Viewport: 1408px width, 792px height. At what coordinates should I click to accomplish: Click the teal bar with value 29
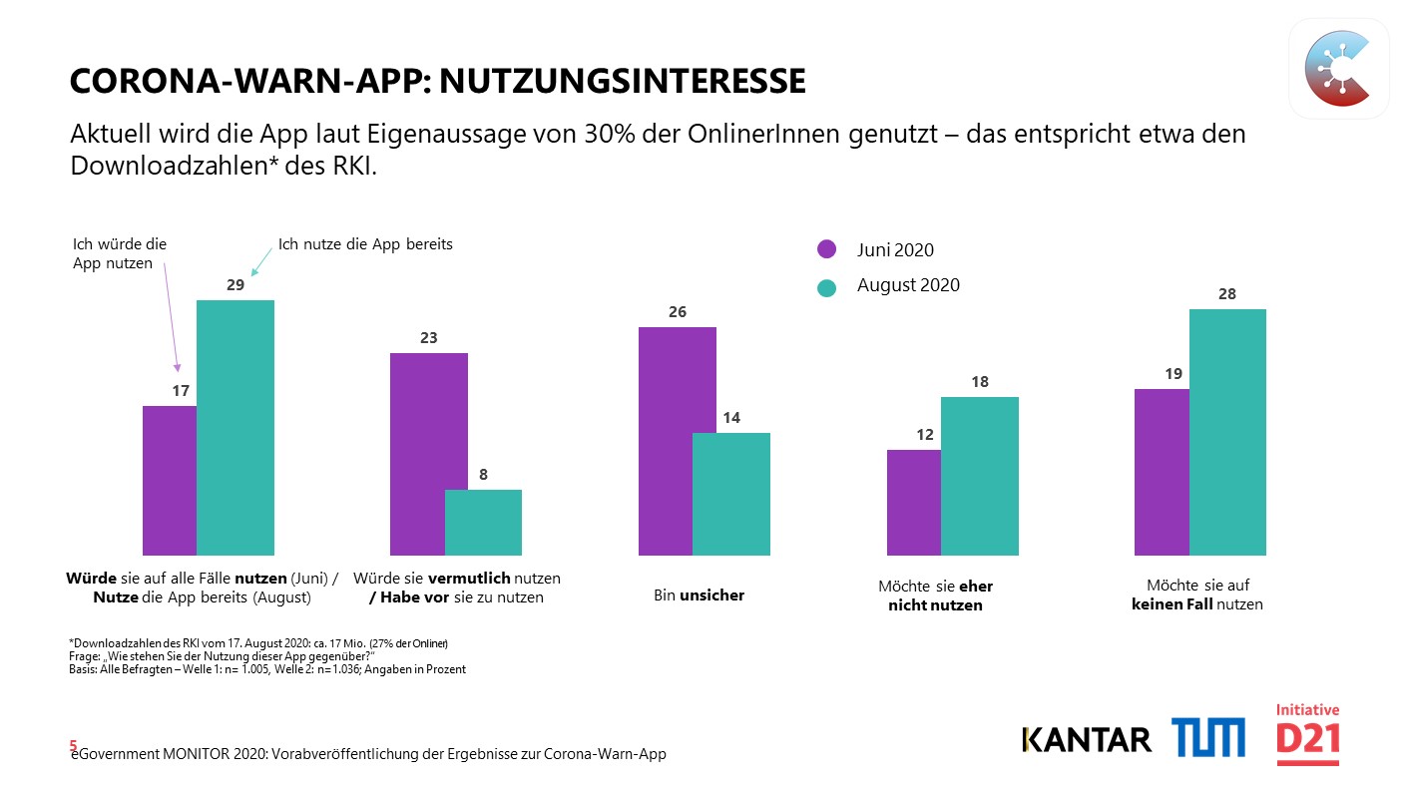[235, 428]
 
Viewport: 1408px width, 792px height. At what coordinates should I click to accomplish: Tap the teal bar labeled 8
[483, 523]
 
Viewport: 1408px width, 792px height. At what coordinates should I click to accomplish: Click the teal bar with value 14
[731, 494]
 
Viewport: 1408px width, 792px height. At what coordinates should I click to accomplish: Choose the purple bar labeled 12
[914, 502]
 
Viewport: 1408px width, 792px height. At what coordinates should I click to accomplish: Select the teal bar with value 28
[1227, 432]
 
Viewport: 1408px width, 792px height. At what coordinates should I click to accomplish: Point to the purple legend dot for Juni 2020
[826, 249]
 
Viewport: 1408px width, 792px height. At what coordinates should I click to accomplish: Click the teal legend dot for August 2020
[826, 288]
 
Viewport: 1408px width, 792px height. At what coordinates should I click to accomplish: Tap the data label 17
[181, 391]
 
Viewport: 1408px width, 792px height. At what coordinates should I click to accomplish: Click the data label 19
[1173, 374]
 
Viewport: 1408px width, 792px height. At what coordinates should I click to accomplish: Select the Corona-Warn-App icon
[1339, 69]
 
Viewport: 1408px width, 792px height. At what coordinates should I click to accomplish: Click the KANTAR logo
[1087, 739]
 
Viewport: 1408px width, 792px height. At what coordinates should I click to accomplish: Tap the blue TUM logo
[1208, 737]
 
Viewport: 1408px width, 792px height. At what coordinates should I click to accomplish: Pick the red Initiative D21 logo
[1308, 734]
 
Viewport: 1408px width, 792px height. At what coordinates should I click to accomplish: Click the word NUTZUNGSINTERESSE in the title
[623, 81]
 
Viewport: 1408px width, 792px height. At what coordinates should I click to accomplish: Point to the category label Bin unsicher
[699, 595]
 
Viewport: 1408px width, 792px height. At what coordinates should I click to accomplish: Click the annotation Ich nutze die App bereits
[365, 244]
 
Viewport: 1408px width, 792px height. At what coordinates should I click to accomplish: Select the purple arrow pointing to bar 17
[171, 317]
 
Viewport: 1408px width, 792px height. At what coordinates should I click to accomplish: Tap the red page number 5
[73, 745]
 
